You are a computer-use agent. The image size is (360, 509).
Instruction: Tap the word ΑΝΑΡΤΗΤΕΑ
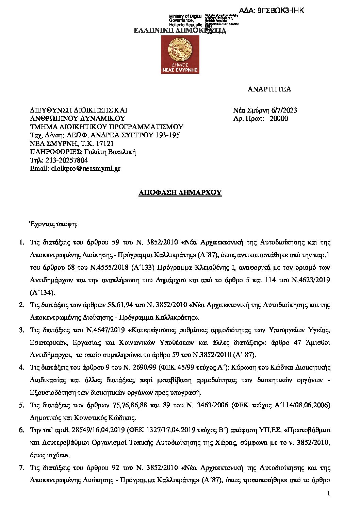269,89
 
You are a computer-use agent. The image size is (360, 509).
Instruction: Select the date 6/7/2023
284,110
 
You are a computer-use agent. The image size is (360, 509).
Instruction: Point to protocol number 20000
279,118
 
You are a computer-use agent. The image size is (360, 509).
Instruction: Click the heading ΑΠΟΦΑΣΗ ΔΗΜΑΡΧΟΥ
180,193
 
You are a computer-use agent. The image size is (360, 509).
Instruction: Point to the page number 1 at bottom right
328,493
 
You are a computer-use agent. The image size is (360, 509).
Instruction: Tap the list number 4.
21,368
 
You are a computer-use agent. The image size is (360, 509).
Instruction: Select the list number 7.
21,468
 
